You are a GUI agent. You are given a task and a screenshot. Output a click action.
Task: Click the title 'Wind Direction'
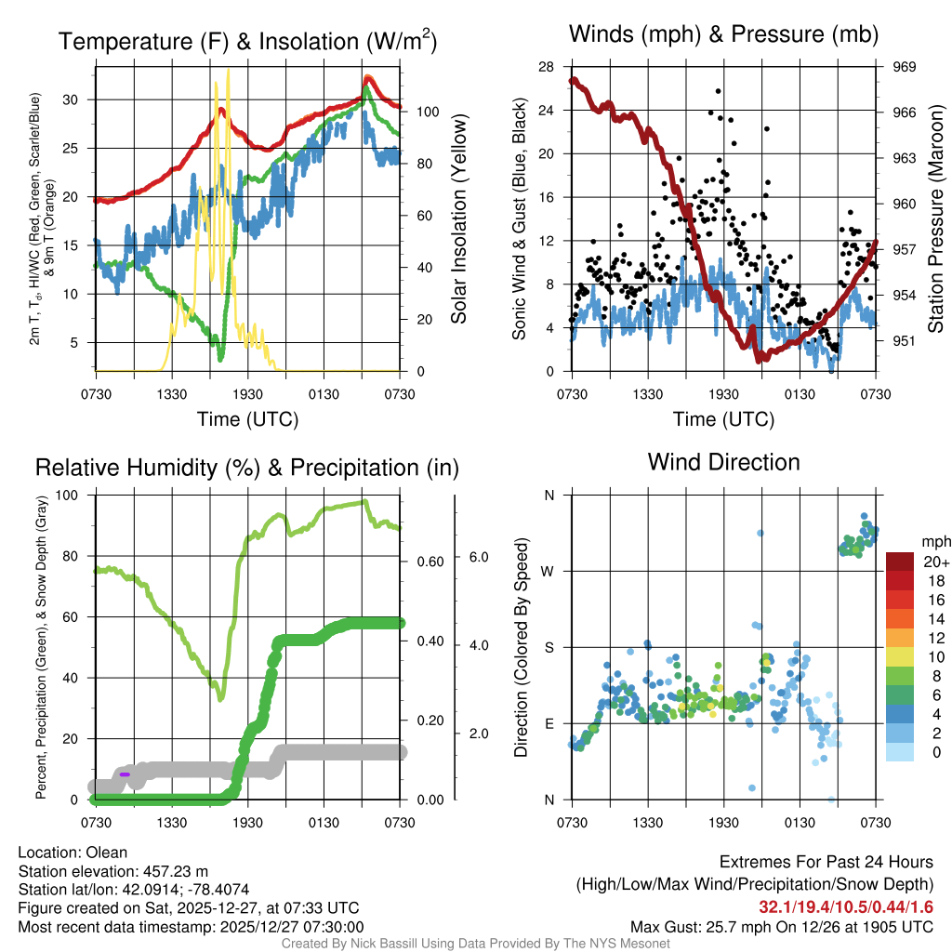pyautogui.click(x=723, y=461)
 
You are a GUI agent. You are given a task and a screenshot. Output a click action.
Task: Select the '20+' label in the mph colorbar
pyautogui.click(x=935, y=562)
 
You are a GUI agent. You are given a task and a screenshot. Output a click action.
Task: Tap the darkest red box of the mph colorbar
pyautogui.click(x=900, y=562)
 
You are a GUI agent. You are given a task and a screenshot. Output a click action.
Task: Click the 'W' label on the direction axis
pyautogui.click(x=549, y=571)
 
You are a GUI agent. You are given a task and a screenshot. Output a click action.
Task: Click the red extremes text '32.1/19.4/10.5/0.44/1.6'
pyautogui.click(x=847, y=907)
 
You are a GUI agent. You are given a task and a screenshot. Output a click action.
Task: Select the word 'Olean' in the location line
pyautogui.click(x=107, y=853)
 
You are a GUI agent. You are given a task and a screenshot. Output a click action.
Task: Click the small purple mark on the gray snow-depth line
pyautogui.click(x=125, y=773)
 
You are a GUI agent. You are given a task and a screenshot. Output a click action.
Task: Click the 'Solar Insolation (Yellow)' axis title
pyautogui.click(x=459, y=218)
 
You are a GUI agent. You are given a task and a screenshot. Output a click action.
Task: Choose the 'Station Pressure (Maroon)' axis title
pyautogui.click(x=936, y=218)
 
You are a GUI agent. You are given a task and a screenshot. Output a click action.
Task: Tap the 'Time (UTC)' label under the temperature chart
pyautogui.click(x=247, y=419)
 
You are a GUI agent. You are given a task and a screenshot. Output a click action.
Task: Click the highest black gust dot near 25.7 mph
pyautogui.click(x=718, y=91)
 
